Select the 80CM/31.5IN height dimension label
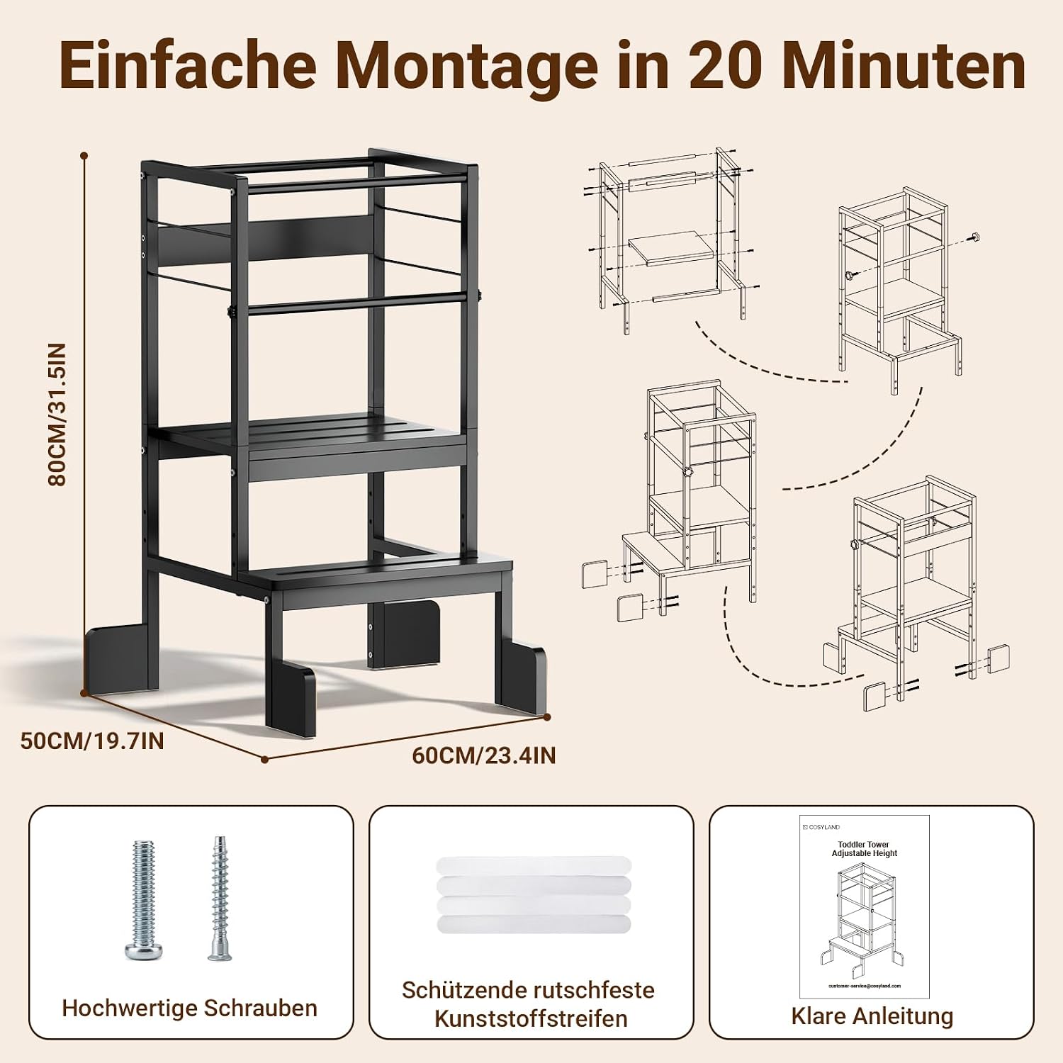point(56,415)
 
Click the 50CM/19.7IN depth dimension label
point(92,741)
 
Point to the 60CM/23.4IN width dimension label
point(484,755)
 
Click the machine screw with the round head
point(143,900)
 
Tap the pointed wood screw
point(220,899)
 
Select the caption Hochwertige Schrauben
point(190,1008)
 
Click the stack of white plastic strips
point(533,895)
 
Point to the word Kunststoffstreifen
point(531,1018)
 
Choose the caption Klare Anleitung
point(872,1016)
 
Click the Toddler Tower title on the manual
point(864,845)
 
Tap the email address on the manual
point(864,986)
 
